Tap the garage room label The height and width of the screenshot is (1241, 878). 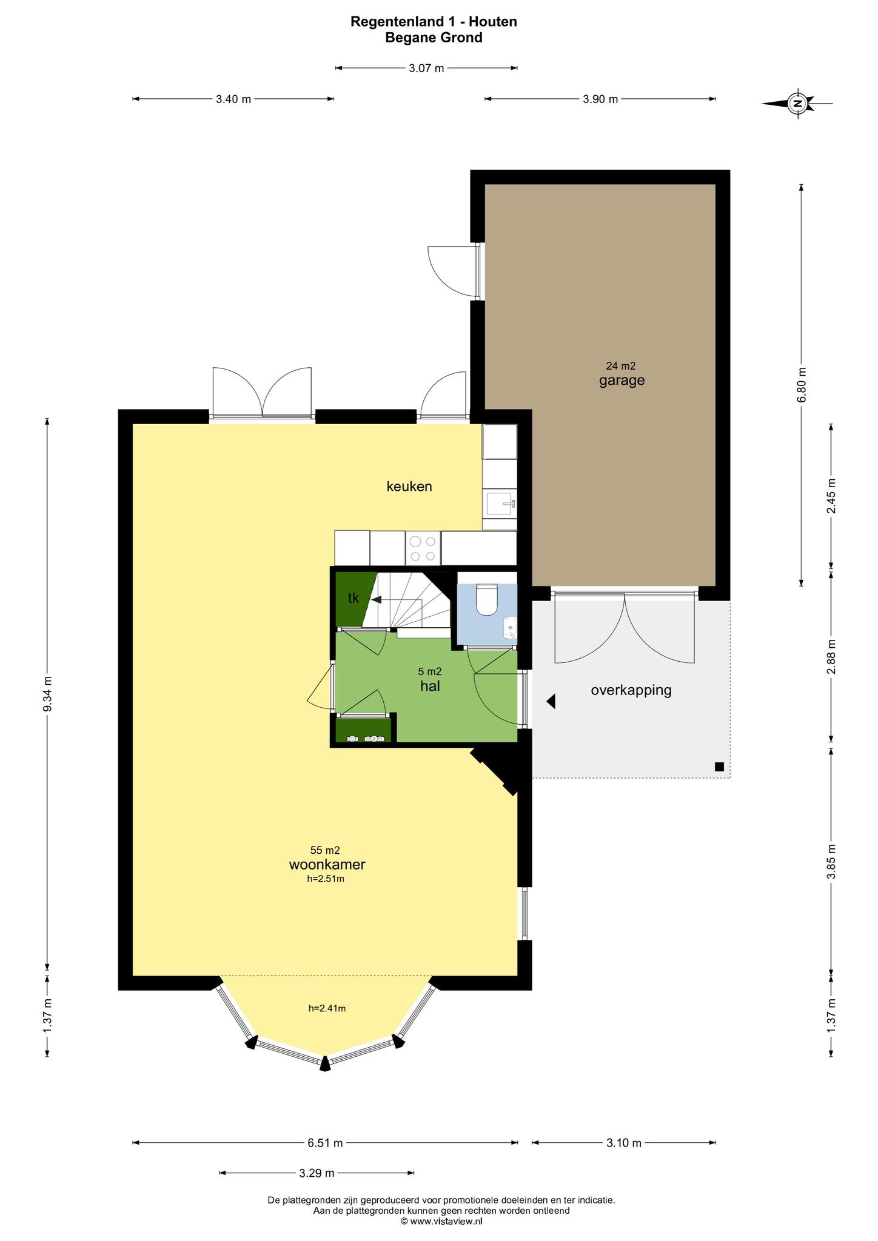(x=622, y=381)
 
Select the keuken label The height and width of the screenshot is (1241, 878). (x=409, y=486)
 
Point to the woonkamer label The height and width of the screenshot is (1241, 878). (x=327, y=864)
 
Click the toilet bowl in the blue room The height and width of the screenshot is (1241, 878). (x=487, y=599)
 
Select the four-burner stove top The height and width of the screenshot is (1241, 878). (x=423, y=548)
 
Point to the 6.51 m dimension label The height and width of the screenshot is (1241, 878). (x=325, y=1143)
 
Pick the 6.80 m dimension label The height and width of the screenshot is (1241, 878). (x=802, y=385)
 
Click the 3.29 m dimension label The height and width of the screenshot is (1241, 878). (x=317, y=1173)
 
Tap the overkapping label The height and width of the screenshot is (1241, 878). (x=631, y=690)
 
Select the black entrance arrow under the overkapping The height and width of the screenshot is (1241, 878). (x=551, y=701)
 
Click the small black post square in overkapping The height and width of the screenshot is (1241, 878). (x=719, y=767)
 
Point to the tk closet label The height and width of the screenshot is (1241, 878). (x=354, y=598)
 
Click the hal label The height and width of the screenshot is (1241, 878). (x=430, y=686)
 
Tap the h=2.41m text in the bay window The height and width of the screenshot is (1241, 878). (x=327, y=1008)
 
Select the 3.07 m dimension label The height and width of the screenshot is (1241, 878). (x=426, y=68)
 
